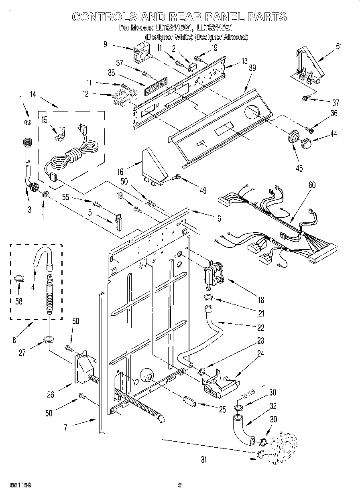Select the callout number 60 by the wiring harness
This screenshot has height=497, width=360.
312,185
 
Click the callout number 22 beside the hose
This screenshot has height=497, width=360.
260,328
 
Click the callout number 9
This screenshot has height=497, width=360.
106,45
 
